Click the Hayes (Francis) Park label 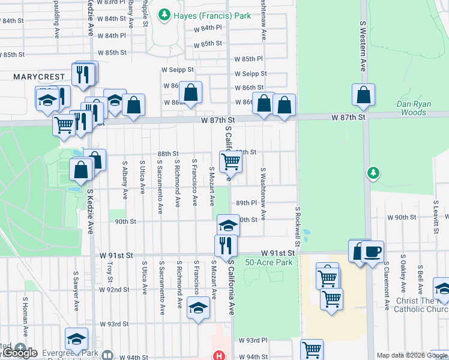(212, 16)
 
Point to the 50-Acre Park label (269, 263)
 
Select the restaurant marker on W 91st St (226, 245)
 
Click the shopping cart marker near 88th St (231, 161)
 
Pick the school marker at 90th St (228, 225)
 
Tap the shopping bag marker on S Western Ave (363, 94)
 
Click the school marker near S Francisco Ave (198, 308)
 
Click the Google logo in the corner (19, 353)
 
